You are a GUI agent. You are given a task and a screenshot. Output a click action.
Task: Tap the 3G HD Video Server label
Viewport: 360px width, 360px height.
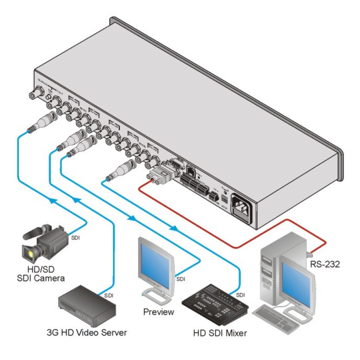[x=87, y=332]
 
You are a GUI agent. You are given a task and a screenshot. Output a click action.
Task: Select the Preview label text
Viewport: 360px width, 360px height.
[x=158, y=312]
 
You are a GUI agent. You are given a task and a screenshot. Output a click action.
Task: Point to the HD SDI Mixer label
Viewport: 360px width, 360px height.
[x=220, y=333]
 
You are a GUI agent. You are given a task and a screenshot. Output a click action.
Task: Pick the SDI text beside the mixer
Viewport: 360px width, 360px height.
[x=241, y=295]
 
